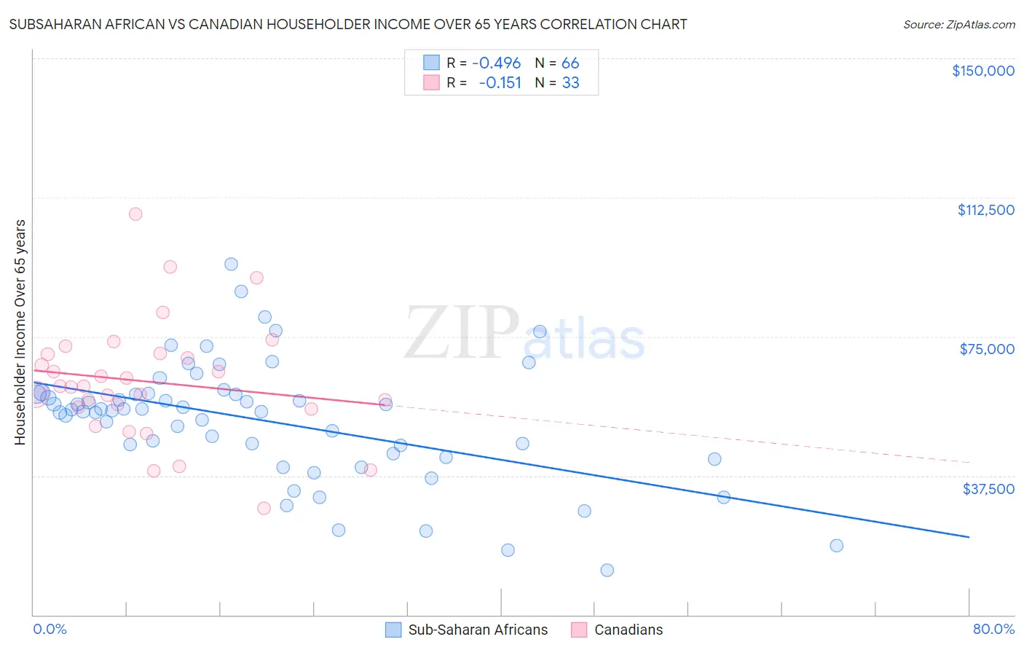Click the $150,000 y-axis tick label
click(x=982, y=71)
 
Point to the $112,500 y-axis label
click(x=985, y=210)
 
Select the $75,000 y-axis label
click(x=987, y=349)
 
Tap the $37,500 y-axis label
click(x=988, y=489)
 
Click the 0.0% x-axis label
click(x=50, y=629)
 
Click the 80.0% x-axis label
click(x=993, y=629)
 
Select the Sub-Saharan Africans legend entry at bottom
click(x=466, y=630)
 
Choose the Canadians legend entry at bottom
click(x=617, y=630)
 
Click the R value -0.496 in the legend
click(x=496, y=63)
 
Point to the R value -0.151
click(x=500, y=82)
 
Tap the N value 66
click(x=570, y=63)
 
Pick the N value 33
click(x=570, y=82)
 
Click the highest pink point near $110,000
click(x=135, y=214)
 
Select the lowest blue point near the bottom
click(x=607, y=570)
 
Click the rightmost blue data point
click(x=836, y=546)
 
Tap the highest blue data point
click(x=231, y=265)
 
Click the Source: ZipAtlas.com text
click(x=958, y=25)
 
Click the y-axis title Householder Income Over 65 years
click(x=20, y=332)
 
